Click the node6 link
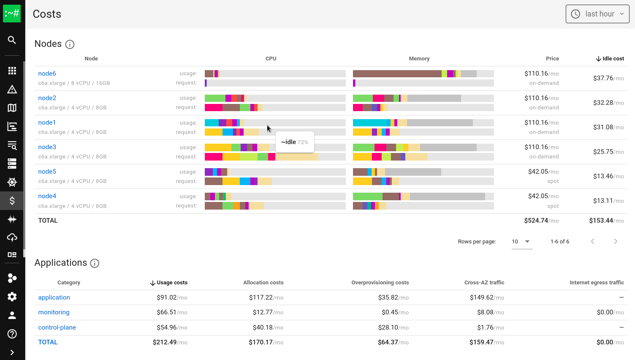click(x=47, y=74)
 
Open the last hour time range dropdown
click(x=597, y=14)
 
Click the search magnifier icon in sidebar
click(x=12, y=40)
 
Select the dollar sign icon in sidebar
click(x=12, y=201)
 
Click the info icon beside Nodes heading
click(x=70, y=44)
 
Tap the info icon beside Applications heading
click(x=95, y=263)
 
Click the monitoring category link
click(x=54, y=312)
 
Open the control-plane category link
click(x=57, y=327)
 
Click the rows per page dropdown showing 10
click(x=521, y=242)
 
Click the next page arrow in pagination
click(x=616, y=241)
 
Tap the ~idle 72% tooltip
click(x=295, y=142)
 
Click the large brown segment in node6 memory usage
click(x=397, y=74)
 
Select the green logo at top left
click(x=12, y=14)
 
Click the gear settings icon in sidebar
click(x=12, y=297)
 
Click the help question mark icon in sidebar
click(x=12, y=334)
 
